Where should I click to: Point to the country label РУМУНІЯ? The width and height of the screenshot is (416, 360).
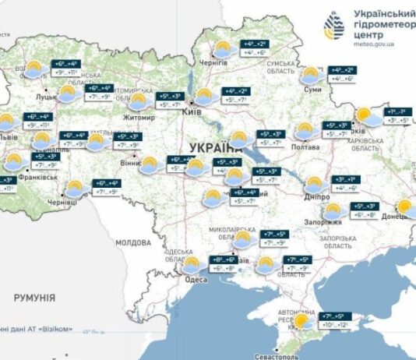pyautogui.click(x=34, y=298)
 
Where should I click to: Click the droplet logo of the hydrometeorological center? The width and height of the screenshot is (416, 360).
pyautogui.click(x=334, y=27)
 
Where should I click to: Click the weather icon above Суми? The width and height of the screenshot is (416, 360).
pyautogui.click(x=310, y=75)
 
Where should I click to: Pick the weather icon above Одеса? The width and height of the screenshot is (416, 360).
pyautogui.click(x=193, y=265)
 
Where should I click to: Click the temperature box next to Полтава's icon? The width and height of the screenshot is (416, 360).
pyautogui.click(x=337, y=129)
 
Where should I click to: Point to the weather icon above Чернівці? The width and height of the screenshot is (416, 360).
pyautogui.click(x=76, y=188)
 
